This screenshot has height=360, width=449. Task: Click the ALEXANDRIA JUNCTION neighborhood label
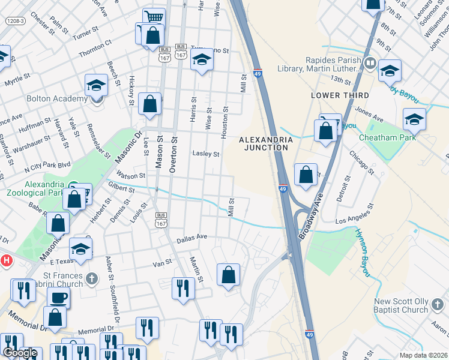pyautogui.click(x=266, y=145)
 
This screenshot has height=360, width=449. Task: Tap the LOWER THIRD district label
pyautogui.click(x=340, y=95)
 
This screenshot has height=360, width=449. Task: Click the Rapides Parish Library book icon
pyautogui.click(x=371, y=62)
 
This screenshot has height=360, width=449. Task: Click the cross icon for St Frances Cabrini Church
pyautogui.click(x=91, y=278)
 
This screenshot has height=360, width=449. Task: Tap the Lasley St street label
pyautogui.click(x=205, y=154)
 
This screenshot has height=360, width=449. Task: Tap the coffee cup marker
pyautogui.click(x=58, y=297)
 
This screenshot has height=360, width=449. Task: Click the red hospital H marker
pyautogui.click(x=7, y=260)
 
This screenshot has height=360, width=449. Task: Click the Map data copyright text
pyautogui.click(x=424, y=355)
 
